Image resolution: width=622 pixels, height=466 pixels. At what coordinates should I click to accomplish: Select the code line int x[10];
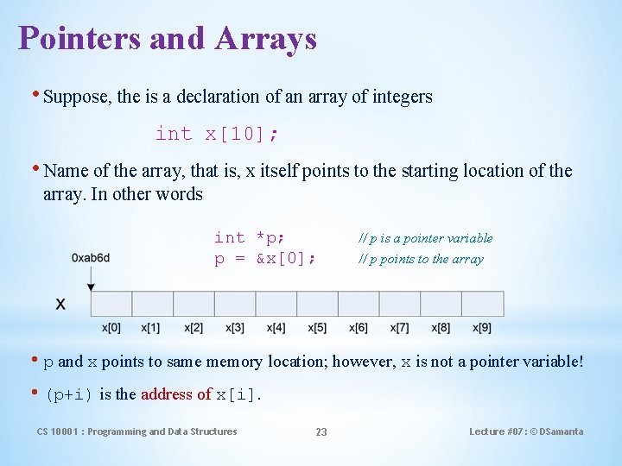click(x=217, y=134)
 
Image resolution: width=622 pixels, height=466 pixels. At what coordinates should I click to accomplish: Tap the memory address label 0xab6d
click(x=91, y=258)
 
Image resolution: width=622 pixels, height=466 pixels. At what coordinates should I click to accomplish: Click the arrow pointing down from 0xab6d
click(x=91, y=277)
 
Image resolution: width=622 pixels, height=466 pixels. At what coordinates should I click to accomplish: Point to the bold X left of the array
click(x=61, y=304)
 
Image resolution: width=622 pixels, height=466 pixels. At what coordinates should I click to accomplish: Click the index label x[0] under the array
click(x=111, y=328)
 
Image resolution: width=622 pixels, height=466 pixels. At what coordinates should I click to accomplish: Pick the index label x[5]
click(x=317, y=328)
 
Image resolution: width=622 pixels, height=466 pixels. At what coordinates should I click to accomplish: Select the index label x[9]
click(x=482, y=328)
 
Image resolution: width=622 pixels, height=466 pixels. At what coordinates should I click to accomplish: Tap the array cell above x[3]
click(x=235, y=304)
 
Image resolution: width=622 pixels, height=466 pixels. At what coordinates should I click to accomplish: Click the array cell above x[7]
click(x=399, y=304)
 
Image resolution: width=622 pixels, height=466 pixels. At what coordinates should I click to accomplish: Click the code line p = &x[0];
click(x=264, y=259)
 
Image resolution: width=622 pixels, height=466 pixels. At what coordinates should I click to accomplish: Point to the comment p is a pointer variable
click(x=426, y=238)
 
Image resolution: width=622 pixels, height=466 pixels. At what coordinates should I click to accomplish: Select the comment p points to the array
click(x=421, y=259)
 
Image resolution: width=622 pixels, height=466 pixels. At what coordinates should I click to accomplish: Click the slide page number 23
click(x=321, y=431)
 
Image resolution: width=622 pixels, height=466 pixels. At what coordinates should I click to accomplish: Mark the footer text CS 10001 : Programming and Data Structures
click(x=136, y=431)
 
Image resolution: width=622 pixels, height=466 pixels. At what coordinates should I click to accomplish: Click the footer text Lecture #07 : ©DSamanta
click(x=526, y=431)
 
